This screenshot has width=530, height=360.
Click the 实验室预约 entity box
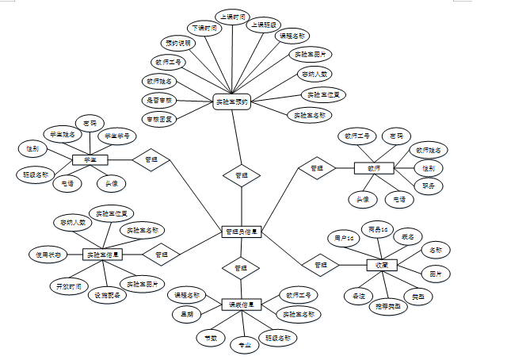[232, 101]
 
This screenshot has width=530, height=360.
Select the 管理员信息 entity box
[241, 232]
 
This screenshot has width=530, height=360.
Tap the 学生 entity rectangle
[90, 160]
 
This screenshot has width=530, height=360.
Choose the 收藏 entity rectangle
[383, 265]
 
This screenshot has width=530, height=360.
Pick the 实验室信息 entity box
[103, 255]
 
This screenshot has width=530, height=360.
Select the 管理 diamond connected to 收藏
[321, 264]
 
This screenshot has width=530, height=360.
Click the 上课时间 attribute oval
[233, 17]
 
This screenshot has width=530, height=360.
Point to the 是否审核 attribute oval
[158, 100]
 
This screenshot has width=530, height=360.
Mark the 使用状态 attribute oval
[45, 255]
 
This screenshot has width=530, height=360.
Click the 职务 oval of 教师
[429, 186]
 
